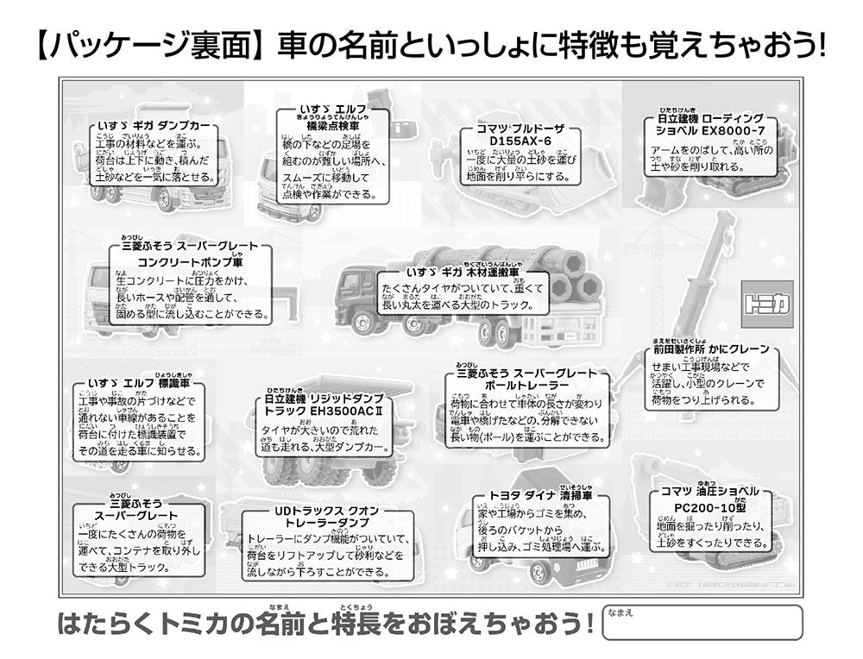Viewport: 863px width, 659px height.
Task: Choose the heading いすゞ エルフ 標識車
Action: [x=138, y=383]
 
